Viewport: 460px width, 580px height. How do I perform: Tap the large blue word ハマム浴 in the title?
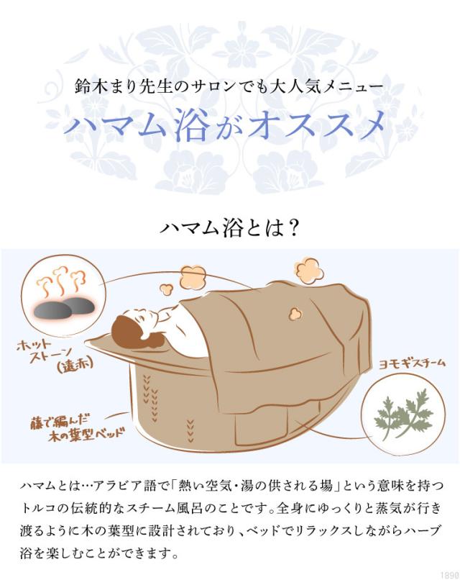137,127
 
